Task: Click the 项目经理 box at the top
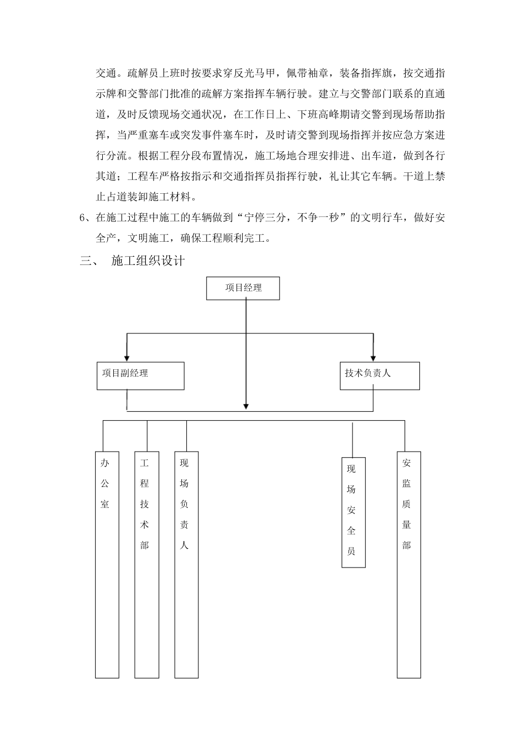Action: tap(243, 288)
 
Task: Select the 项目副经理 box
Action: tap(140, 375)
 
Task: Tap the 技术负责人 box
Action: tap(379, 375)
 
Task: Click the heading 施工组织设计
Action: tap(148, 261)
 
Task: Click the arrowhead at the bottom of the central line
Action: tap(246, 406)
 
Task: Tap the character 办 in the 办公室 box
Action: tap(105, 463)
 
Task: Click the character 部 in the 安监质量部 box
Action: tap(407, 545)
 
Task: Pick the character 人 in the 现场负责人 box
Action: tap(184, 545)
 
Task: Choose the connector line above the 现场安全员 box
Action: tap(353, 439)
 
